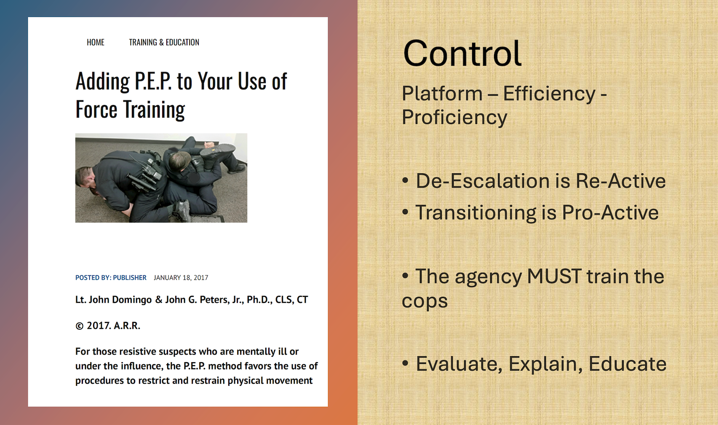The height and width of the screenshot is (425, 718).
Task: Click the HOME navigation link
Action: pos(96,42)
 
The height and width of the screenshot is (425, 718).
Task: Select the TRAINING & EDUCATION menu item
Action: pos(164,42)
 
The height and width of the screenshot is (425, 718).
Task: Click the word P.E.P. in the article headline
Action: pos(153,81)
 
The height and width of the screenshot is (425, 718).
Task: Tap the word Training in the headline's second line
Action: pos(154,110)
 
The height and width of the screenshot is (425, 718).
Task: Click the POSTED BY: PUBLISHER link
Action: pos(111,278)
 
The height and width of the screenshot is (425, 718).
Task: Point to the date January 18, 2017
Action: pos(181,278)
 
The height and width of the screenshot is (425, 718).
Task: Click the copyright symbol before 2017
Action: pos(79,326)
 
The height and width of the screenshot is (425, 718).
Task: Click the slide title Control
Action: pos(462,53)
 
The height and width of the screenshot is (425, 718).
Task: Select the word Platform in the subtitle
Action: pos(442,94)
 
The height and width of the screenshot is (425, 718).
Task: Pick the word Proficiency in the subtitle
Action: pos(454,118)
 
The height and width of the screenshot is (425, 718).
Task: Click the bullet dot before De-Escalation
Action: pos(405,180)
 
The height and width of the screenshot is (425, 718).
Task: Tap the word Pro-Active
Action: pos(610,212)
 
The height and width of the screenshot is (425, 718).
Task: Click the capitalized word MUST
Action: pos(554,276)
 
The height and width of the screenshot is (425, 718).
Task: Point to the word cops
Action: pos(425,301)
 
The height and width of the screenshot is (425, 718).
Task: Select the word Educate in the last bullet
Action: pos(627,364)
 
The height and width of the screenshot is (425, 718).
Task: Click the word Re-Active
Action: pos(621,181)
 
